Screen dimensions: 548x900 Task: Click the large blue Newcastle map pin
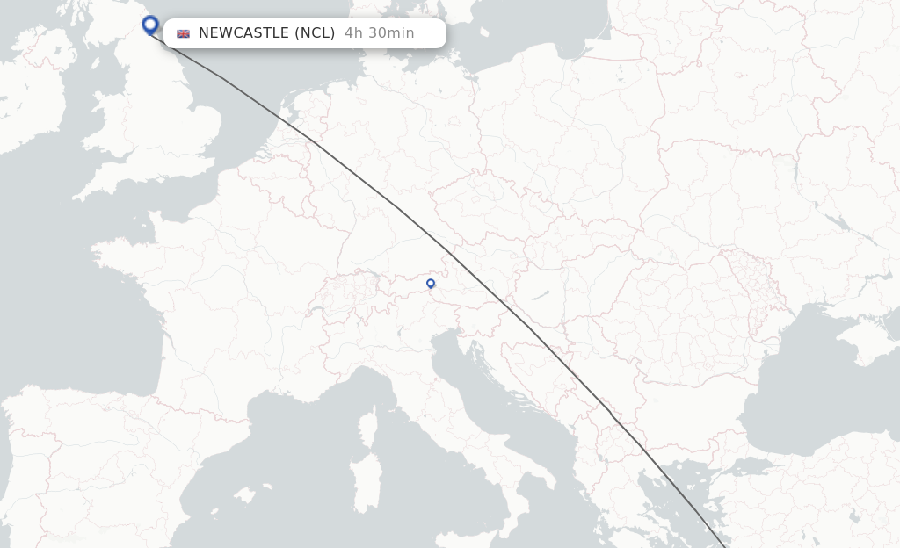point(150,25)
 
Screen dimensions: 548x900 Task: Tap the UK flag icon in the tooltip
point(183,33)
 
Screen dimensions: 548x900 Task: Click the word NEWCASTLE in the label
point(243,33)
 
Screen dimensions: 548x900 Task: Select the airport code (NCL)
point(315,33)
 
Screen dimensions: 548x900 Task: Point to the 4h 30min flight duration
point(379,33)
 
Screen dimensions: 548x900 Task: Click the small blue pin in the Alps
point(431,284)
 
